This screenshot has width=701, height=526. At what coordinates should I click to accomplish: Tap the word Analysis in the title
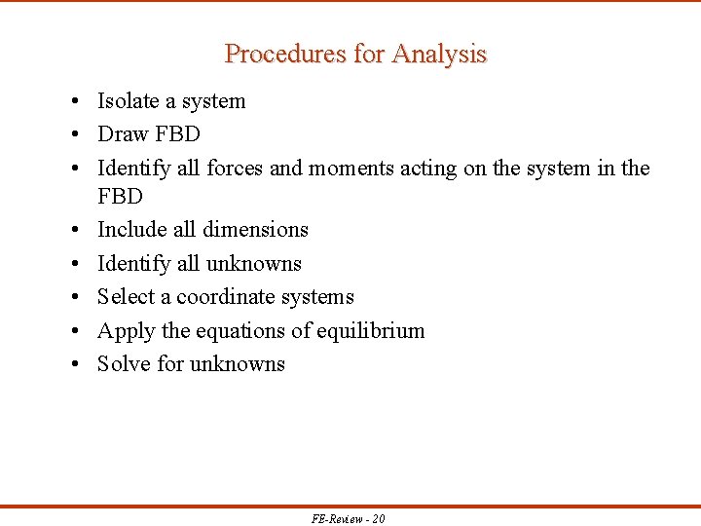pyautogui.click(x=439, y=54)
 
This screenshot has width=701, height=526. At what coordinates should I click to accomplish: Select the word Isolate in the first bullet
pyautogui.click(x=130, y=101)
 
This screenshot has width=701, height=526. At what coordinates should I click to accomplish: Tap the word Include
pyautogui.click(x=132, y=230)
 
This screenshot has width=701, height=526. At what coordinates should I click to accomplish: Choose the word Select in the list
pyautogui.click(x=126, y=297)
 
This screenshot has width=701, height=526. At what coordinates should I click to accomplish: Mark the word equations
pyautogui.click(x=240, y=331)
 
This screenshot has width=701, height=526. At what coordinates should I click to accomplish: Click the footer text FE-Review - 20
pyautogui.click(x=349, y=518)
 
